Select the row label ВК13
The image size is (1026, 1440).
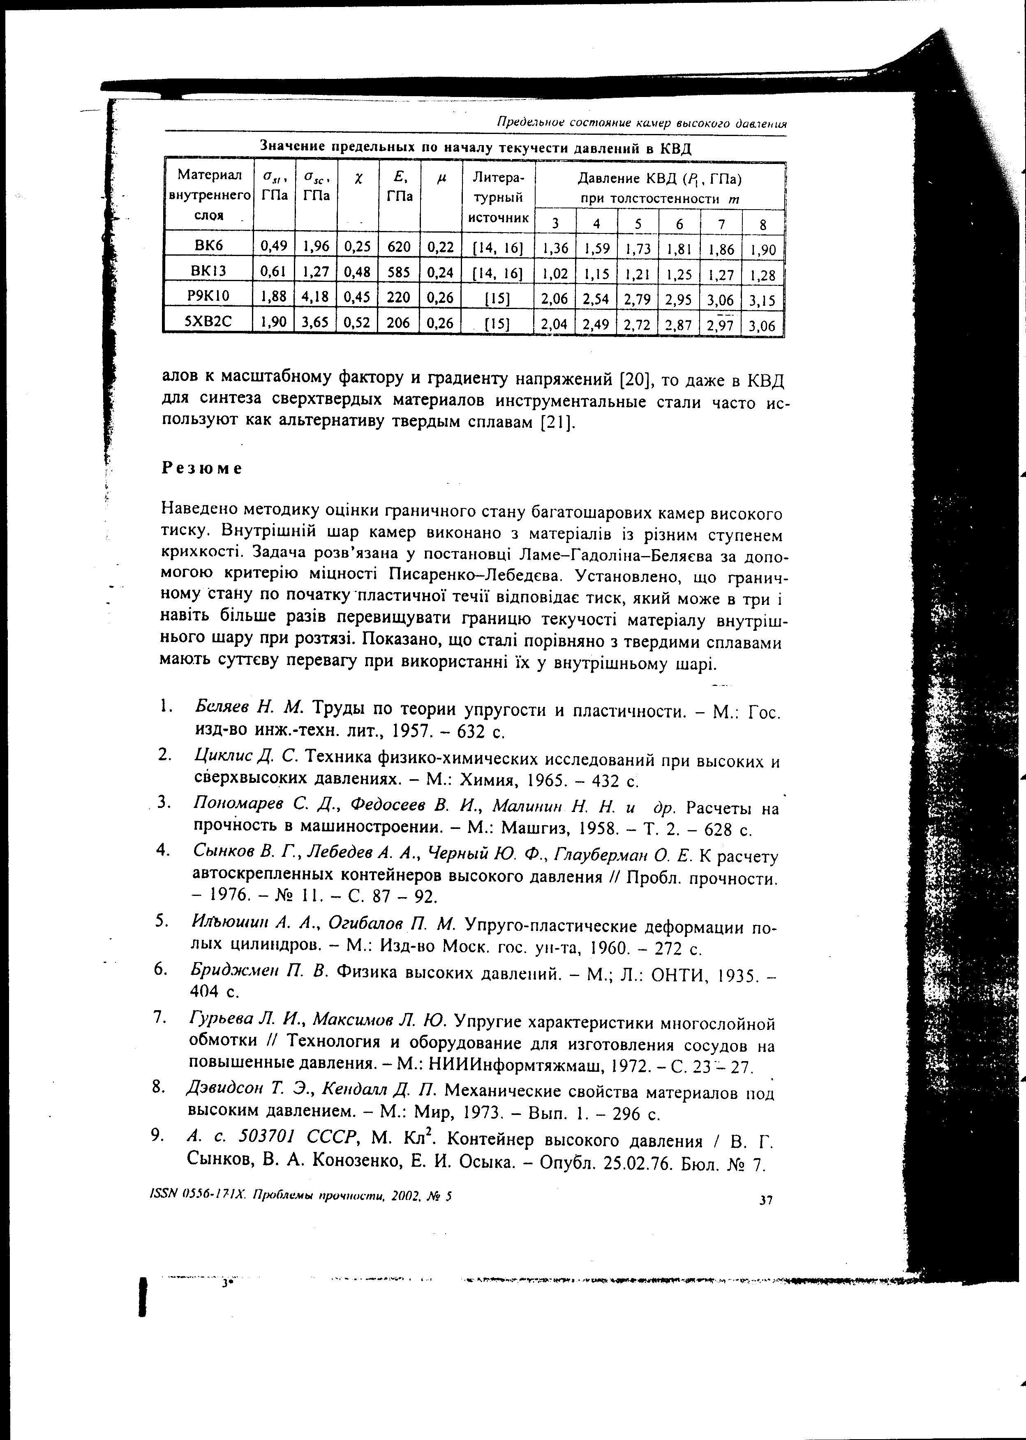208,271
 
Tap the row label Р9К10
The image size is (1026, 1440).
208,295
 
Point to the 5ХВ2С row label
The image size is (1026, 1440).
208,321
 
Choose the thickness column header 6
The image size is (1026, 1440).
679,223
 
